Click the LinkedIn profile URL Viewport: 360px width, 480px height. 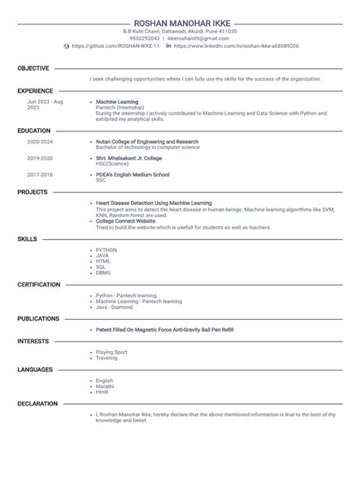236,46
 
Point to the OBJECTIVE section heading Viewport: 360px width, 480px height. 33,68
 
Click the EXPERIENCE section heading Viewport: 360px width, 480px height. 35,90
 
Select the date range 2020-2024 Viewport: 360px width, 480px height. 40,142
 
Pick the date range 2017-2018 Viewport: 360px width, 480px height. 40,175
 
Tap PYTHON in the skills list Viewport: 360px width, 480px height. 106,249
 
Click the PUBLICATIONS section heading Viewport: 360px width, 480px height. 38,319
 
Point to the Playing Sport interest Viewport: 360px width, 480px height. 113,352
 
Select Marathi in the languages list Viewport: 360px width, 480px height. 105,386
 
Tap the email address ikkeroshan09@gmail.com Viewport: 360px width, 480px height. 196,39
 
